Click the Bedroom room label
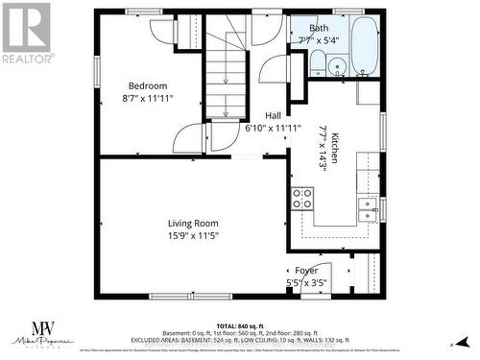(148, 85)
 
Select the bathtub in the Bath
(365, 45)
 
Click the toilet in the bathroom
(318, 63)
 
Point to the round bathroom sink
(337, 66)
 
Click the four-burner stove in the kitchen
(302, 199)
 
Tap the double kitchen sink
(368, 204)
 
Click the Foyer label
(306, 271)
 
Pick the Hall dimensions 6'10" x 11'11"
(273, 127)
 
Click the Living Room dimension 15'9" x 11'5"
(195, 235)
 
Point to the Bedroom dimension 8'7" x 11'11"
(148, 98)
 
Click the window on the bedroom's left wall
(96, 71)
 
